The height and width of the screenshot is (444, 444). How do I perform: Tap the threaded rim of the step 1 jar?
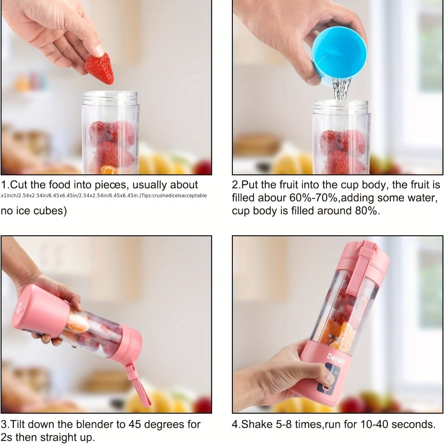pos(111,96)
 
